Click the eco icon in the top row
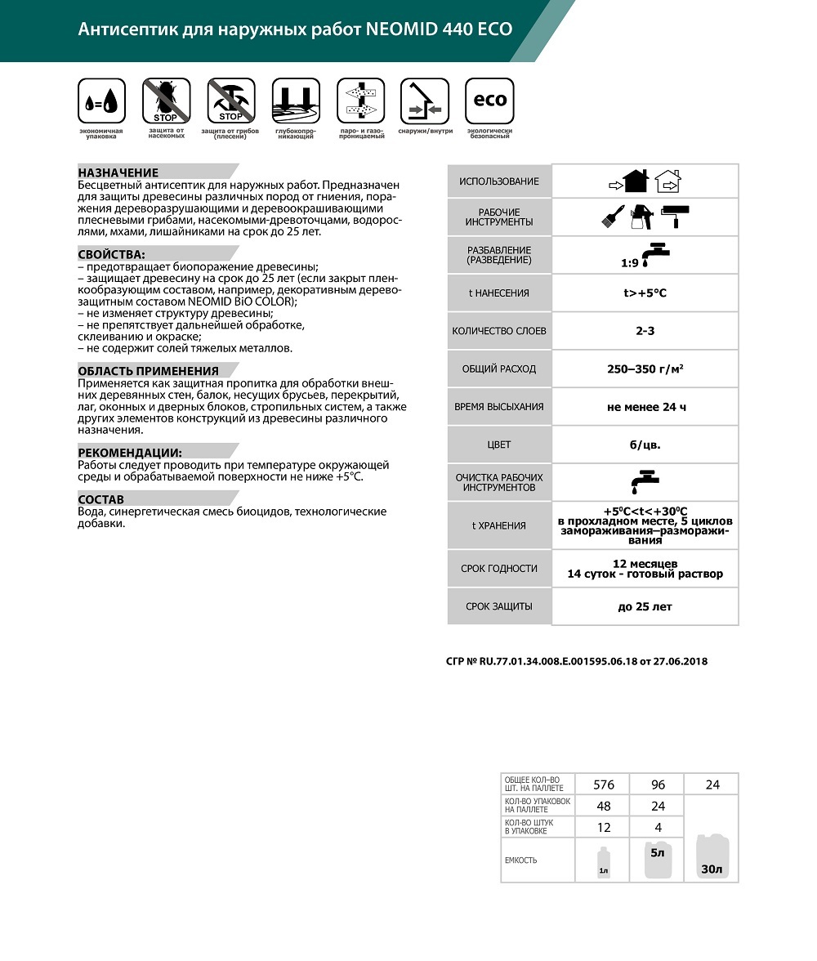tap(489, 101)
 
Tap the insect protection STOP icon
tap(166, 101)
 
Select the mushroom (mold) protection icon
tap(230, 101)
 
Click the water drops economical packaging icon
tap(101, 101)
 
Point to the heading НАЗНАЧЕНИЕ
tap(118, 172)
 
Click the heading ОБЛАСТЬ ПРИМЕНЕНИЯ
tap(148, 370)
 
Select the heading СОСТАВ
tap(101, 498)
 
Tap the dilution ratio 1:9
tap(629, 264)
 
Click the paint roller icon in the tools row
tap(675, 215)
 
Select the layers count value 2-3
tap(645, 331)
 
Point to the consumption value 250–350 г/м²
tap(645, 369)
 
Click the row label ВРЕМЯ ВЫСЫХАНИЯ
tap(498, 406)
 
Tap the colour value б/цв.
tap(645, 445)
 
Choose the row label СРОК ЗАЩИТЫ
tap(498, 606)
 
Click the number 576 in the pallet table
tap(603, 784)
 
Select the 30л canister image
tap(711, 858)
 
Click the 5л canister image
tap(657, 860)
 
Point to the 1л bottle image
tap(603, 865)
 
